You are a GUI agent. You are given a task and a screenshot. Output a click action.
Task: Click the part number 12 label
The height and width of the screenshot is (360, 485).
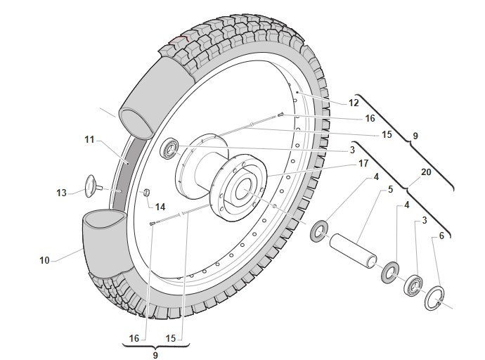(354, 103)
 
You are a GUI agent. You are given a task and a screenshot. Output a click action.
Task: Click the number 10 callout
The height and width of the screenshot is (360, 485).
(45, 260)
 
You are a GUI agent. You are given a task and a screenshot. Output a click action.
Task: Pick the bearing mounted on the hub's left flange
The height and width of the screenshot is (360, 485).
(171, 149)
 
